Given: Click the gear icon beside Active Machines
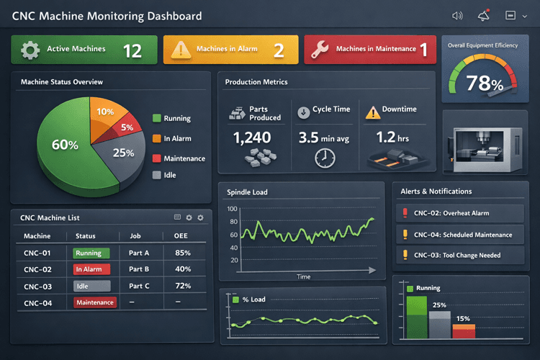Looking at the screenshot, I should [30, 49].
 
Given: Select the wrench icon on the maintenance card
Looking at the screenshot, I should [320, 49].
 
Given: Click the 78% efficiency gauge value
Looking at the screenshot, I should [484, 84].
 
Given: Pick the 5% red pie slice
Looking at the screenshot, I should [126, 128].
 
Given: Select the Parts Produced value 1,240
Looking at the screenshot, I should [252, 137].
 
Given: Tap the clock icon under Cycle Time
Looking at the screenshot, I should [325, 158].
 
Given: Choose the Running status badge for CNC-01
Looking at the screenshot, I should [91, 253].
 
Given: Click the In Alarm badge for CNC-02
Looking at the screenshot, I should [91, 269].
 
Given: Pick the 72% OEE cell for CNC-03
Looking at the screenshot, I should [182, 286].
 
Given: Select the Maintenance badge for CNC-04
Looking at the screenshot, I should [95, 302].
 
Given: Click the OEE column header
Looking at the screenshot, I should [181, 236].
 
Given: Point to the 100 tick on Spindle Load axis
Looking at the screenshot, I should [232, 210].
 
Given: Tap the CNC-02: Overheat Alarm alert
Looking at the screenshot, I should [461, 213].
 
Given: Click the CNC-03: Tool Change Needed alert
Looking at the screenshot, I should [461, 255].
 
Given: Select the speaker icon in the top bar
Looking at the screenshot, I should [456, 16].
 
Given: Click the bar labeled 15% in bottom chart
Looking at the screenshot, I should [463, 331].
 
